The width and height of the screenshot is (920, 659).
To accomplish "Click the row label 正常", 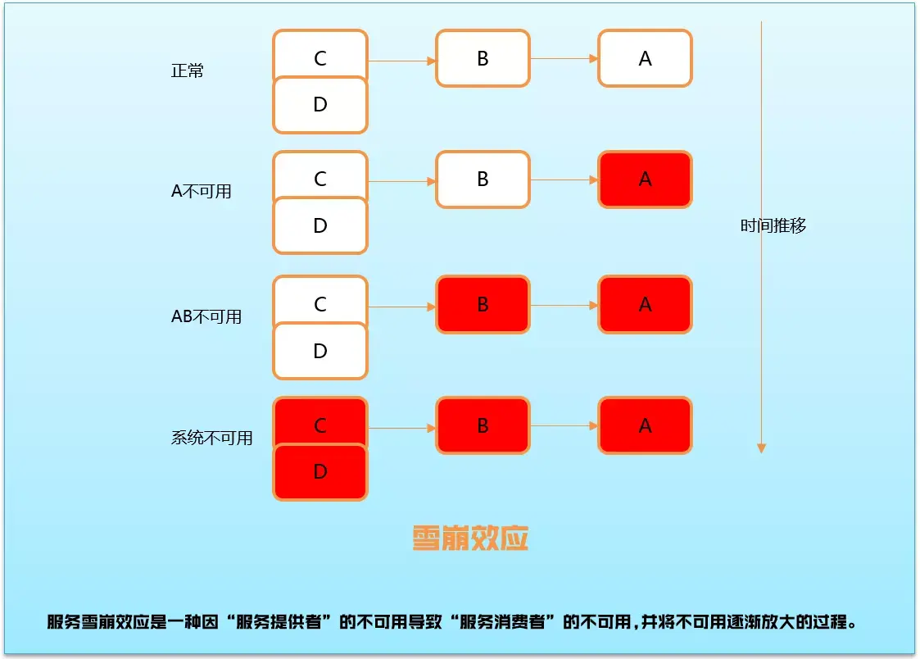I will pos(187,70).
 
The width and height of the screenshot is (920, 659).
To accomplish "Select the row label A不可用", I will pos(201,191).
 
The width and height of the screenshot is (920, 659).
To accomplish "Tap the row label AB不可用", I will pos(206,316).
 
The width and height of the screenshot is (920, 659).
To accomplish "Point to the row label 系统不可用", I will pos(211,438).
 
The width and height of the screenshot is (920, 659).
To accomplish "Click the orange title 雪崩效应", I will pos(470,538).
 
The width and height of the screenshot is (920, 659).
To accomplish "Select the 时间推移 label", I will pos(773,225).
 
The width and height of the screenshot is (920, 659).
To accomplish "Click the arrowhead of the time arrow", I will pos(761,447).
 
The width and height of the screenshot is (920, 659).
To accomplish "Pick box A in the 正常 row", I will pos(645,58).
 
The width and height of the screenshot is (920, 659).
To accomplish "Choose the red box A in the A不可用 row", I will pos(645,180).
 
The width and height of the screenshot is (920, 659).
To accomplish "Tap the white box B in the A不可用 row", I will pos(483,180).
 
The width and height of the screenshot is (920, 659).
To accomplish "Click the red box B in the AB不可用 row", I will pos(483,305).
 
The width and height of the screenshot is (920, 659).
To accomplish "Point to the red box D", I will pos(320,473).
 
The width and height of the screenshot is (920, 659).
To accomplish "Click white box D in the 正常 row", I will pos(320,106).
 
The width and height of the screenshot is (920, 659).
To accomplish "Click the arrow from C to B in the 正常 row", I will pos(401,61).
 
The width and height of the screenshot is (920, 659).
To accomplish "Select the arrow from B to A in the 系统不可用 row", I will pos(564,426).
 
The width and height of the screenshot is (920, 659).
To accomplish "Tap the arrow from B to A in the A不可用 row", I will pos(564,180).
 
